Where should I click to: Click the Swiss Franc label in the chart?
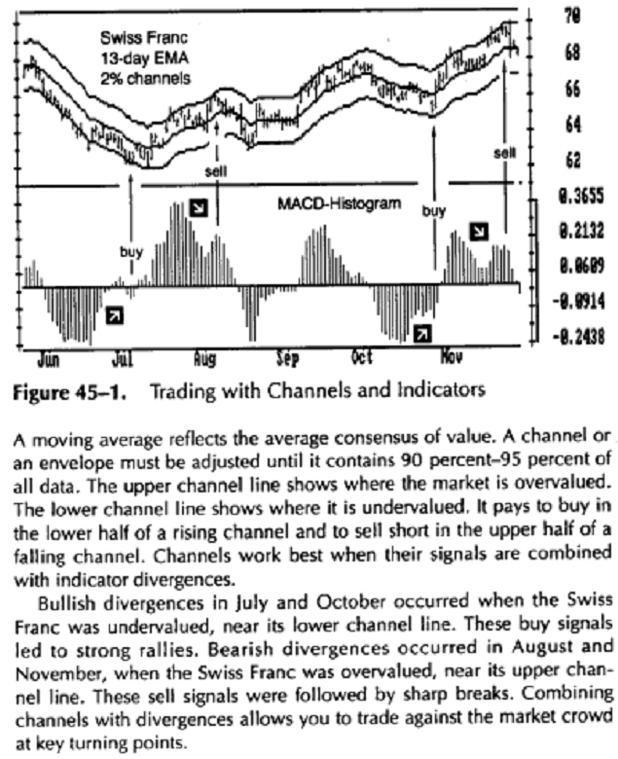coord(138,39)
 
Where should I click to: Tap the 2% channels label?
coord(145,76)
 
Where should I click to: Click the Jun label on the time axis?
coord(50,358)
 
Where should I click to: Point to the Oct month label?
coord(363,358)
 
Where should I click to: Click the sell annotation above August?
coord(216,172)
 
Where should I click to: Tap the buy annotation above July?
coord(131,252)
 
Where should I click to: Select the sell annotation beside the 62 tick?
coord(504,153)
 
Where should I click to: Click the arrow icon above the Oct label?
coord(421,334)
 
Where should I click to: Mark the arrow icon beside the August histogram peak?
coord(199,207)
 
